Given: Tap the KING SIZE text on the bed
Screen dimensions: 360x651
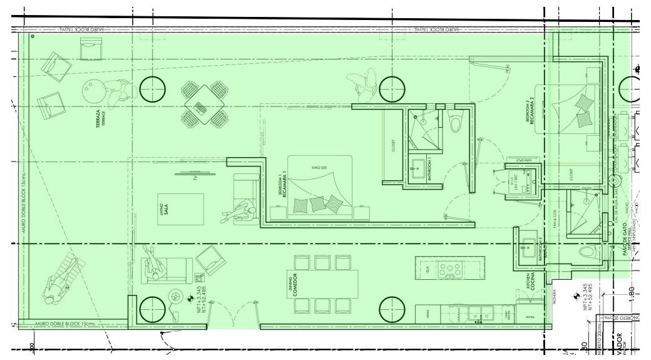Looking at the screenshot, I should (x=319, y=168).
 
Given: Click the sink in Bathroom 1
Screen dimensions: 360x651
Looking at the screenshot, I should (x=418, y=167).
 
